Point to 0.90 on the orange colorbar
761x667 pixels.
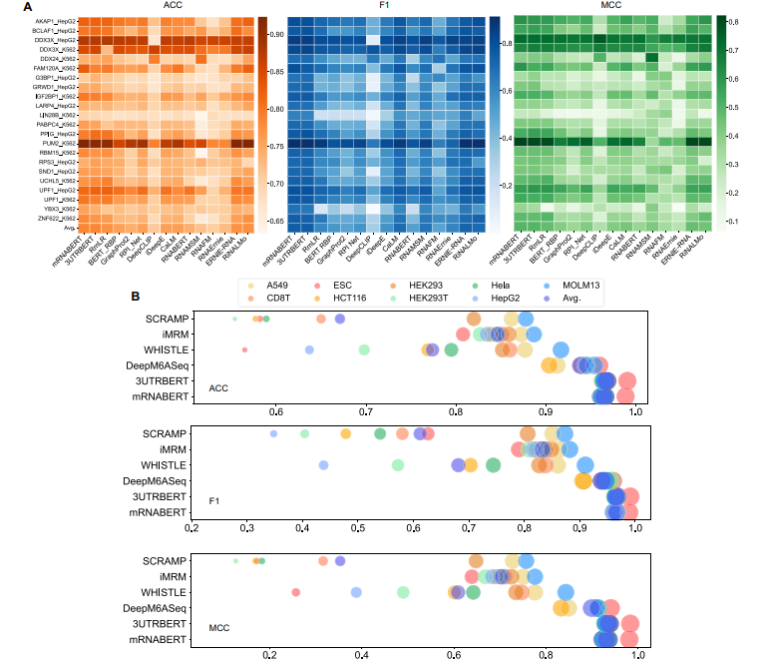pos(276,34)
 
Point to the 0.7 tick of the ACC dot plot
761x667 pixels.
pos(367,409)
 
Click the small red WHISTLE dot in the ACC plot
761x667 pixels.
pos(244,349)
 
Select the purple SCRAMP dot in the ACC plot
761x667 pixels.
pos(340,319)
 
